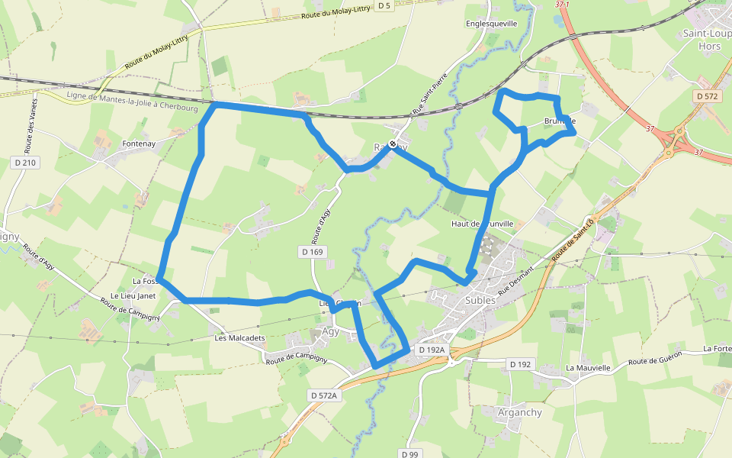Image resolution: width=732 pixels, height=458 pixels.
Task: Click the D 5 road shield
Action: click(x=384, y=6)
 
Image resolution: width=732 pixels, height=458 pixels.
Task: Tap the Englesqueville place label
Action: click(x=491, y=24)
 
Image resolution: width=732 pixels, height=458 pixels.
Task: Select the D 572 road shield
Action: click(x=708, y=96)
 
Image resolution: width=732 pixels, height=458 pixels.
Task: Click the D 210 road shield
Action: click(x=24, y=163)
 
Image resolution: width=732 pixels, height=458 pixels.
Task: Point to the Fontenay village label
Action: click(x=139, y=144)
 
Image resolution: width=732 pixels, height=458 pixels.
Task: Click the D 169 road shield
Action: click(x=312, y=251)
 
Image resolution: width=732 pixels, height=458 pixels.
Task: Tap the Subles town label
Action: click(x=480, y=300)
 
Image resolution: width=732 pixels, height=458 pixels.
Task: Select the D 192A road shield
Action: click(x=432, y=350)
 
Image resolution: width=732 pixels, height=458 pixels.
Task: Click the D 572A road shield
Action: click(x=323, y=395)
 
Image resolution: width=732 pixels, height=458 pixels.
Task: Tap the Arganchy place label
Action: click(x=519, y=413)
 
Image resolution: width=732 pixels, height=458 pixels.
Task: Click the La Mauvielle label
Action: click(x=589, y=367)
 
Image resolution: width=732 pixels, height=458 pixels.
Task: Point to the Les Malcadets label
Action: click(x=239, y=338)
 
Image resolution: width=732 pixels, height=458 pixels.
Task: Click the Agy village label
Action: click(x=330, y=332)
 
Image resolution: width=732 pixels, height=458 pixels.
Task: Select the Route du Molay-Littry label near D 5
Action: click(x=335, y=13)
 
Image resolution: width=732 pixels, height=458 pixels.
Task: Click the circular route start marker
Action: click(x=393, y=144)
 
